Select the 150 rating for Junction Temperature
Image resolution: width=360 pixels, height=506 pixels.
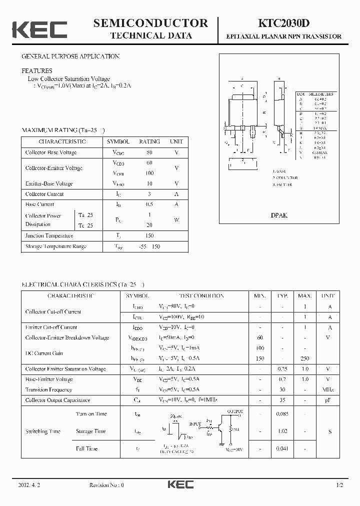click(x=149, y=235)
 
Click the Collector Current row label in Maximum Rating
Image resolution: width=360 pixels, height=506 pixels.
click(x=44, y=194)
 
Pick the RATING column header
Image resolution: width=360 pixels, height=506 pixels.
click(x=149, y=141)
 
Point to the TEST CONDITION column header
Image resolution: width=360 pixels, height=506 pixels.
click(x=201, y=295)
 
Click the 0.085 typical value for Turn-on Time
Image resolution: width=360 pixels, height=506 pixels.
click(x=283, y=414)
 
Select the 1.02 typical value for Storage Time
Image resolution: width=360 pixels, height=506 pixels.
click(x=283, y=431)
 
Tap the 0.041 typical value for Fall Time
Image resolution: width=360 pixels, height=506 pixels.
click(x=283, y=448)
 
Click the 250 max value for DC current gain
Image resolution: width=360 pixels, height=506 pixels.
click(x=305, y=358)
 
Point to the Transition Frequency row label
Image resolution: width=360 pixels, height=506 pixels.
click(x=48, y=389)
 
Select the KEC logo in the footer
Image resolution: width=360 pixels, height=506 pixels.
click(x=179, y=485)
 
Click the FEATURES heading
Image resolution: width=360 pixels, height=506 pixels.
click(x=37, y=71)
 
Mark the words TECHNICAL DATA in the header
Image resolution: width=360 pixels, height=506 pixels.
click(x=150, y=35)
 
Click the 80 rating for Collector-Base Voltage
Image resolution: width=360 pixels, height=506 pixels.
click(x=149, y=152)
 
